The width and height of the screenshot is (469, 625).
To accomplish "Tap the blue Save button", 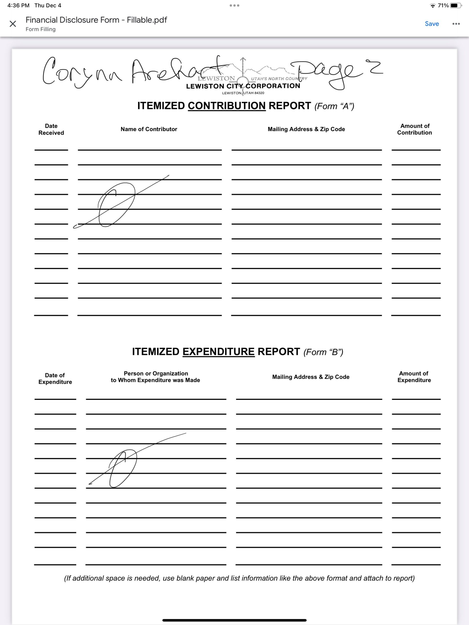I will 432,24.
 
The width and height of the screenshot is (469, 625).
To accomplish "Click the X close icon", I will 13,24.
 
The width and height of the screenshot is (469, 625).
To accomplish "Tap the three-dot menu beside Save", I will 456,24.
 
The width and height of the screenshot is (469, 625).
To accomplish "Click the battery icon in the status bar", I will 455,5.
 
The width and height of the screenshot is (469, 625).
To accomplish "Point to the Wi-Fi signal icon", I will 433,6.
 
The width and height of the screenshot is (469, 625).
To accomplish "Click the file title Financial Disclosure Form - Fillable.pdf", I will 96,20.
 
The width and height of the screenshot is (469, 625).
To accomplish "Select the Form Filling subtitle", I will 41,29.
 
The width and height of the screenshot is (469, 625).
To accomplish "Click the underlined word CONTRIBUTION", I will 227,106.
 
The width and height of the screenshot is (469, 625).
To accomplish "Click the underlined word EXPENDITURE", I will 218,352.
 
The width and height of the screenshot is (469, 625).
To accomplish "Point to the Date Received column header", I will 51,129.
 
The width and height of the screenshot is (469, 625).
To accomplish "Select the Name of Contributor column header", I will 149,129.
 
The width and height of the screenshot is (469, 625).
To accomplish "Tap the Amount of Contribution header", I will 414,129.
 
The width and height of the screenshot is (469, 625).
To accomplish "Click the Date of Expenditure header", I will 55,378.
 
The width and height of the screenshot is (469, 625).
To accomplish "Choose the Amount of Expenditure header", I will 414,377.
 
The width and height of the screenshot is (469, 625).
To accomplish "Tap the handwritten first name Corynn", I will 82,72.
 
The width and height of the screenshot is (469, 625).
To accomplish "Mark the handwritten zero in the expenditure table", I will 123,469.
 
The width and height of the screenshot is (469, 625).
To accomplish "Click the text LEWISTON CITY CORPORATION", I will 243,86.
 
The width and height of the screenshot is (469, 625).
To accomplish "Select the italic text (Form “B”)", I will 323,352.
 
